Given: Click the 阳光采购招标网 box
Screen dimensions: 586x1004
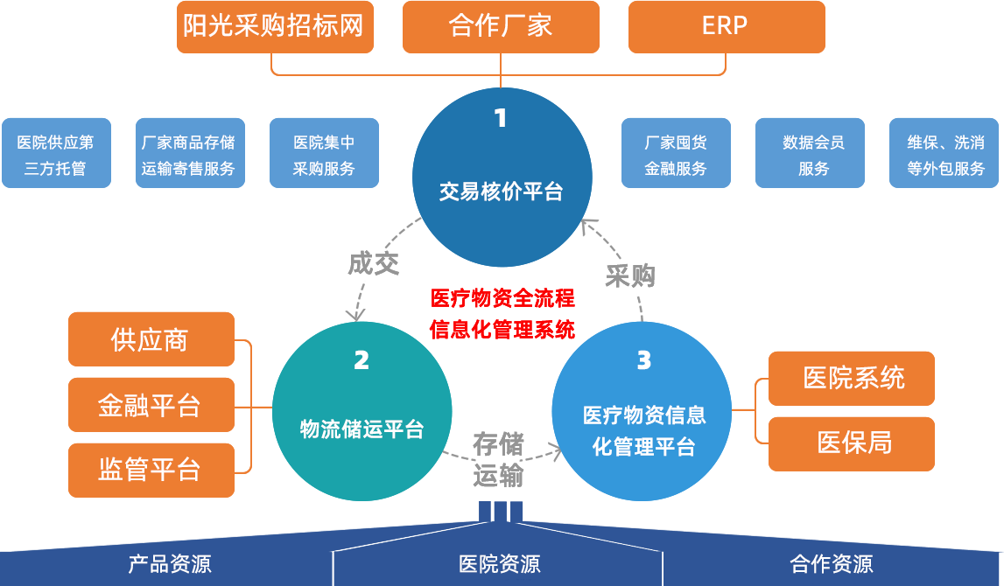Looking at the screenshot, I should pos(273,24).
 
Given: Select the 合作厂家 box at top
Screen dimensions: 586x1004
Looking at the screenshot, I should pos(501,24).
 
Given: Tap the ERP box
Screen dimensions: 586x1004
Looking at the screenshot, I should pos(725,25).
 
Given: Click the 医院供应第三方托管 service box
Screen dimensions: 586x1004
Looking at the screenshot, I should pos(56,153).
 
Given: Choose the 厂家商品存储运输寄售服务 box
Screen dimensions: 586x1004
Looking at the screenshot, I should pos(189,153).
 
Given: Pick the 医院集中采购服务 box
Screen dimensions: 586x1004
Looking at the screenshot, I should pos(324,153).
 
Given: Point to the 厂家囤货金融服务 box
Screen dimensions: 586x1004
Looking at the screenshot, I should pos(676,153).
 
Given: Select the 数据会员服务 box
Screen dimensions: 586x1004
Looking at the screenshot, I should pos(810,153).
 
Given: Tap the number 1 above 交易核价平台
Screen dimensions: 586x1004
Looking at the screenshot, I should pos(501,118).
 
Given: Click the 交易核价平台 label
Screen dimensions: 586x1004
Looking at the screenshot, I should pos(502,192).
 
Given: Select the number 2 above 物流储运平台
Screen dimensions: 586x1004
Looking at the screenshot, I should pos(362,360).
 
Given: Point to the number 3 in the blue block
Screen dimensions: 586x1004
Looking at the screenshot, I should pos(644,360).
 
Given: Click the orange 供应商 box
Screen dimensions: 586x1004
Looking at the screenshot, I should pos(150,339).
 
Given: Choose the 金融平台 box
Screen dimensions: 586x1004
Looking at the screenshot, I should pos(150,405).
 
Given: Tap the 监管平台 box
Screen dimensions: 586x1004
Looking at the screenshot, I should pos(150,470).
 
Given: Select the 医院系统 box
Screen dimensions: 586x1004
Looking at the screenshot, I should pos(853,378).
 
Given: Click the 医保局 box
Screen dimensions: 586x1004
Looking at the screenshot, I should pos(853,443).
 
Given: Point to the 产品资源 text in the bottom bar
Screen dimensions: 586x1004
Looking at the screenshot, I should pos(170,564).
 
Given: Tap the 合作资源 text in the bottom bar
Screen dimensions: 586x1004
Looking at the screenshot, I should pos(832,564).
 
